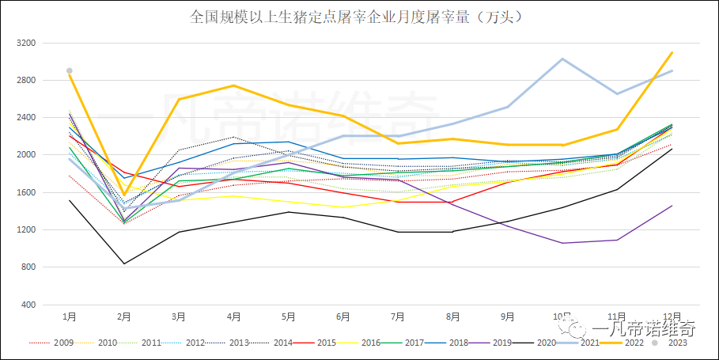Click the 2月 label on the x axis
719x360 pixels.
[x=124, y=316]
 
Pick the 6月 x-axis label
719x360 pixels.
[x=343, y=316]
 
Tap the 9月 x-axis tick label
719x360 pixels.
[x=507, y=316]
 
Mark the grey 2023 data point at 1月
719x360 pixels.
[x=70, y=71]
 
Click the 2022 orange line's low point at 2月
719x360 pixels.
[x=124, y=195]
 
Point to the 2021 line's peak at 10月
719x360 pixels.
[x=562, y=59]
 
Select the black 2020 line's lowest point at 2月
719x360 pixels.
[x=124, y=263]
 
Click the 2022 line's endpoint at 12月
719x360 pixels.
[x=672, y=52]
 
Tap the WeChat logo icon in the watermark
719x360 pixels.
[x=573, y=327]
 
